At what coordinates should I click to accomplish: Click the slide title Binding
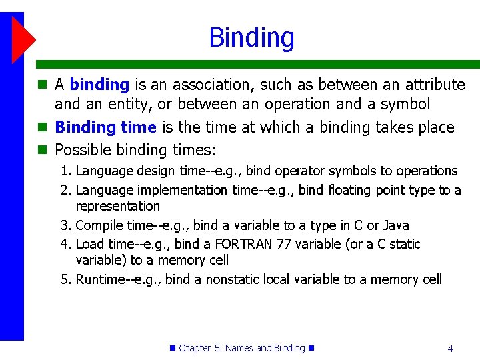pos(251,37)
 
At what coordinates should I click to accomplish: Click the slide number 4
pos(451,348)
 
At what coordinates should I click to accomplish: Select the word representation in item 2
pos(118,206)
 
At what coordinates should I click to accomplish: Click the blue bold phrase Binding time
pos(105,127)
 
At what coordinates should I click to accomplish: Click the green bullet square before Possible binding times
pos(43,149)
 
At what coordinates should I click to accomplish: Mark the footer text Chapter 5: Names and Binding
pos(241,348)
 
